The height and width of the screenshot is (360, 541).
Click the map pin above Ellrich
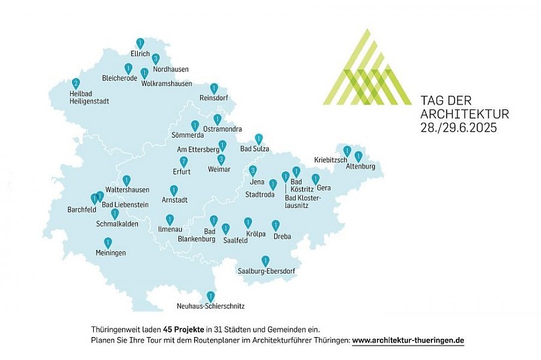tap(140, 43)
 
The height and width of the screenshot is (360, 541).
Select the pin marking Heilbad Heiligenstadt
tap(75, 83)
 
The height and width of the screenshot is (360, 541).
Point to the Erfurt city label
tap(181, 172)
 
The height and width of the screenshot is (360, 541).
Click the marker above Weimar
tap(221, 159)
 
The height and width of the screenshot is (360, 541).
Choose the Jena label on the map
tap(257, 181)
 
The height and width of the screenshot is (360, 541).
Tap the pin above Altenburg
tap(358, 157)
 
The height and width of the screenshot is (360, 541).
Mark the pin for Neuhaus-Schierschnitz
tap(210, 296)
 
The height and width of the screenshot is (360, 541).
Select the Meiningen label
tap(110, 252)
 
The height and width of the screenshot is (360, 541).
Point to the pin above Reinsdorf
tap(214, 88)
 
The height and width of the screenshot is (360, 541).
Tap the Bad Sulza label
tap(255, 149)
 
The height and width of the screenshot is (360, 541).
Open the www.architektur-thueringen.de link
tap(408, 341)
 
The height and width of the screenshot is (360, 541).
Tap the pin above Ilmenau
tap(170, 220)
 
